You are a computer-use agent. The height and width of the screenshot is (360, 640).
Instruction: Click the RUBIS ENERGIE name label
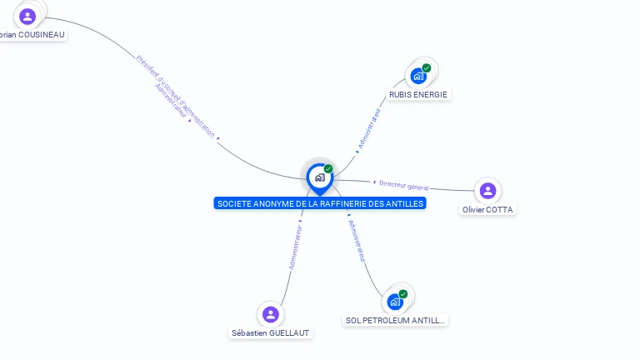(418, 95)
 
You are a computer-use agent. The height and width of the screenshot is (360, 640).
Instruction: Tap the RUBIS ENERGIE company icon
(418, 76)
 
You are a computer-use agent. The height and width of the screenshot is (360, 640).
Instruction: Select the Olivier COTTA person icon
(487, 191)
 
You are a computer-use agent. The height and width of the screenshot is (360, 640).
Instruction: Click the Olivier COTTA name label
(487, 210)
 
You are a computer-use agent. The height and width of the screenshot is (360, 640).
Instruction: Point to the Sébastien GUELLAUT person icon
(270, 314)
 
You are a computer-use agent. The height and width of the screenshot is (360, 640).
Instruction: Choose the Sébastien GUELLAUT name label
(270, 333)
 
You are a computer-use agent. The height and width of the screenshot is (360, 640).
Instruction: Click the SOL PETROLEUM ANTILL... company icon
(395, 302)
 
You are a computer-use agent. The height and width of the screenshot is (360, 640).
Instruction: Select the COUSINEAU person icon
(27, 16)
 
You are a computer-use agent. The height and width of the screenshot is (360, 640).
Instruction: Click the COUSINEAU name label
(32, 35)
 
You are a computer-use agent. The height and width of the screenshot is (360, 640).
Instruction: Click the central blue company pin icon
(319, 177)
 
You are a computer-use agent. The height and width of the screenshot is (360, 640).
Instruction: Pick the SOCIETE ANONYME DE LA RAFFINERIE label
(320, 203)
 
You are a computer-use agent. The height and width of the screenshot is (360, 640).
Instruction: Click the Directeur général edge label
(403, 185)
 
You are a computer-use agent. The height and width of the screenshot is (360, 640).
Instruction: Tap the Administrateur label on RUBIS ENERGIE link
(368, 129)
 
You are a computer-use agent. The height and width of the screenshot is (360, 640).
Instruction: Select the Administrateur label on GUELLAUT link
(295, 247)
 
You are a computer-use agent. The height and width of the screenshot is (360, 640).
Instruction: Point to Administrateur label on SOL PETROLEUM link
(357, 241)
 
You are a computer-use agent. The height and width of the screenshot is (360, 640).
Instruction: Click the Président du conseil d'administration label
(177, 95)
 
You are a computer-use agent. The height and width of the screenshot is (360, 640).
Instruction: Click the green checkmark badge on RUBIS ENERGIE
(427, 68)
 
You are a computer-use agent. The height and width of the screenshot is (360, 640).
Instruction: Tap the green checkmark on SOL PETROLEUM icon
(403, 294)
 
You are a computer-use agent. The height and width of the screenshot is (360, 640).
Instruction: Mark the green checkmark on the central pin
(328, 168)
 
